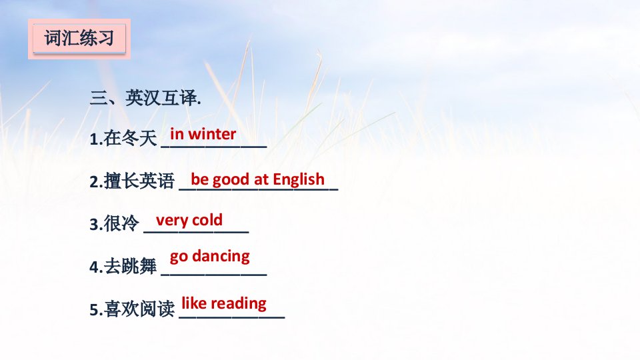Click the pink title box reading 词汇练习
coord(79,39)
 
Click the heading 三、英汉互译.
coord(145,98)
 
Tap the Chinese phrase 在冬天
coord(130,139)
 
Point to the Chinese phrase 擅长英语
coord(139,181)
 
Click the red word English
coord(299,179)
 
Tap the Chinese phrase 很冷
coord(121,223)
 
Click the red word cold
coord(207,220)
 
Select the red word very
coord(172,221)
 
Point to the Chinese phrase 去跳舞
coord(130,266)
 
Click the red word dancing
coord(221,256)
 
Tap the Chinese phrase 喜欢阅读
coord(139,309)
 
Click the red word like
coord(194,303)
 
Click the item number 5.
coord(94,310)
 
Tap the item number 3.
coord(94,225)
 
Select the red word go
coord(179,257)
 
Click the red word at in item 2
coord(261,179)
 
